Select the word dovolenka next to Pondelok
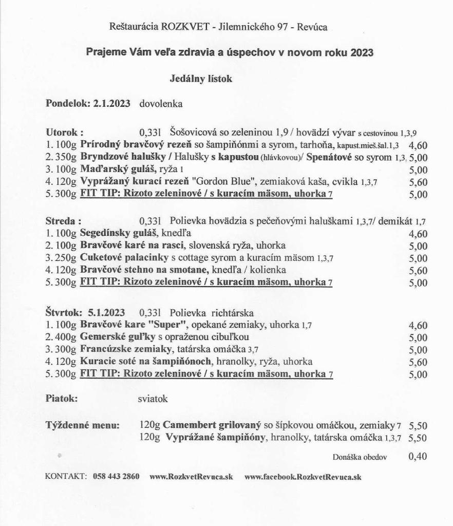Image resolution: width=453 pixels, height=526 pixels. [161, 104]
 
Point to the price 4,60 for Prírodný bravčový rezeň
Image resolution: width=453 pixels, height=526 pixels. [418, 145]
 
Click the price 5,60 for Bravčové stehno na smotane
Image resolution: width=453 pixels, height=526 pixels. [418, 271]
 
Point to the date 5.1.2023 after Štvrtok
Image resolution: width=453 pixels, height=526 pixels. [109, 313]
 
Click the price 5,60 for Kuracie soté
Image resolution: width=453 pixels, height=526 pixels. [418, 362]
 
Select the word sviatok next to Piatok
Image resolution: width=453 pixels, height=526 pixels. [153, 398]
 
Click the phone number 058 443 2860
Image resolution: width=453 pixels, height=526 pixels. [116, 476]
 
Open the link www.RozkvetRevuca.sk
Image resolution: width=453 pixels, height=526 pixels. [191, 476]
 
